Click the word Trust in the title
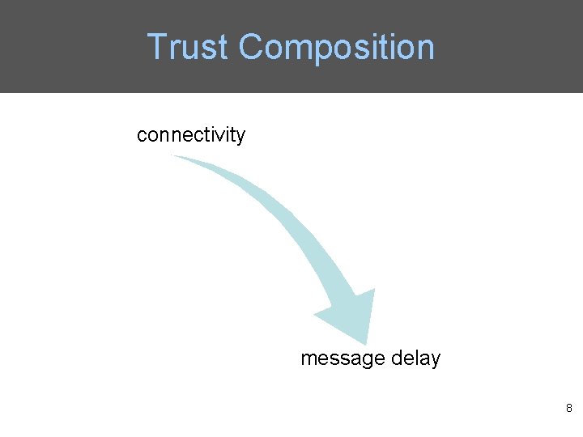pos(189,47)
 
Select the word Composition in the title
pos(336,49)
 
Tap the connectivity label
pos(190,134)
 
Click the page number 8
pos(569,409)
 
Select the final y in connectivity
pos(240,136)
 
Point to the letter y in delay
pos(435,360)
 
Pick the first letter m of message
pos(308,359)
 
